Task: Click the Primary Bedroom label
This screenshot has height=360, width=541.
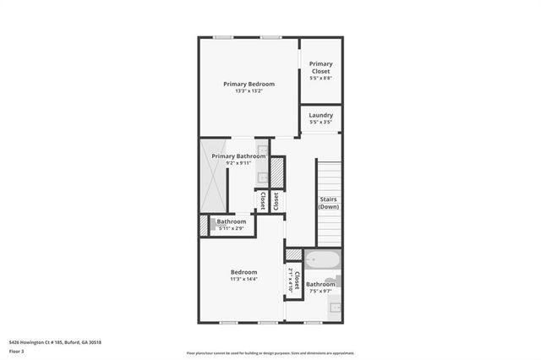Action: coord(249,84)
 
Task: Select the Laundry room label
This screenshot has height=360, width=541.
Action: coord(320,115)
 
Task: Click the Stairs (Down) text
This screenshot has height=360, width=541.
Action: coord(329,203)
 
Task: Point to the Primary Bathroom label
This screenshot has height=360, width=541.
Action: coord(238,156)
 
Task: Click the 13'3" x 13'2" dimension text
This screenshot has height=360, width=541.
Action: coord(249,91)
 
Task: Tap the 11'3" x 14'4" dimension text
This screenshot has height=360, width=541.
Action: coord(243,279)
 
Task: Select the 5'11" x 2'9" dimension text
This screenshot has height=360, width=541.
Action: coord(231,228)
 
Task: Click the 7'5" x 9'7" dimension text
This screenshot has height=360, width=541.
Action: coord(320,292)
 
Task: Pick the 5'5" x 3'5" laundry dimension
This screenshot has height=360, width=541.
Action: coord(320,123)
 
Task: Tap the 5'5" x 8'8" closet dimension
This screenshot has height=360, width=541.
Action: coord(320,79)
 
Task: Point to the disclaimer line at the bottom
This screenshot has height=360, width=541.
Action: coord(270,353)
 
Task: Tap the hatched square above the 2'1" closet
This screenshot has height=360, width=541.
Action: coord(293,254)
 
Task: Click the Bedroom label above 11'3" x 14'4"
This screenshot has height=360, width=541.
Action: coord(243,271)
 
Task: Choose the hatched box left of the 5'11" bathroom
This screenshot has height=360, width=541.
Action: coord(203,225)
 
